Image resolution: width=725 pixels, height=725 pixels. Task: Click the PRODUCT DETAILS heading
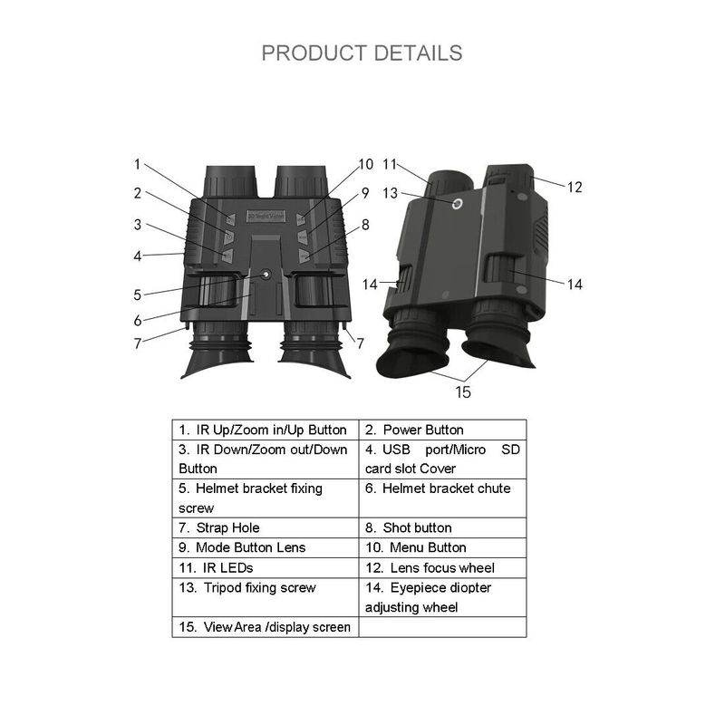(x=362, y=53)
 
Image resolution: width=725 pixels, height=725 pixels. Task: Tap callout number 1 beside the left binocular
(x=137, y=164)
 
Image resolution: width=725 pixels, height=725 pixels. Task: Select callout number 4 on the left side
(x=138, y=256)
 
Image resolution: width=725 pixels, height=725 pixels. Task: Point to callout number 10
(x=366, y=164)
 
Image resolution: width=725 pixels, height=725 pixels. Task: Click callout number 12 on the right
(x=575, y=188)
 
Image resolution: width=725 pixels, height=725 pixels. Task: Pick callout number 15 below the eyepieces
(x=463, y=392)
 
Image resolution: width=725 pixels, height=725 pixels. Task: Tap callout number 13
(x=391, y=193)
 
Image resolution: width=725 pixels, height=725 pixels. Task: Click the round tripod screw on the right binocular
(x=458, y=203)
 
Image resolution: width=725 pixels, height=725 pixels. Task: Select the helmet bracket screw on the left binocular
(x=266, y=275)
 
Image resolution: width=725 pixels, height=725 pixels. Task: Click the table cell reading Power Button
(x=442, y=430)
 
